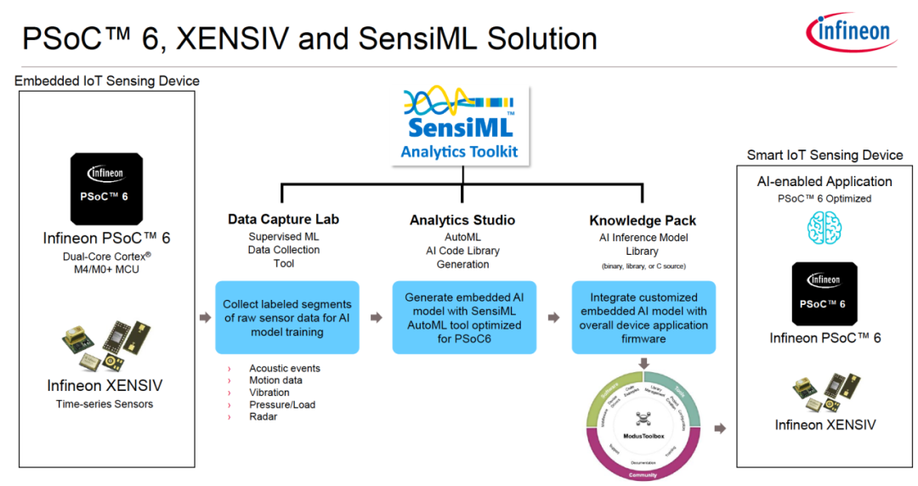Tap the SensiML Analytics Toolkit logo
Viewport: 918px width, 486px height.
click(460, 124)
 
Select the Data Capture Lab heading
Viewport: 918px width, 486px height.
click(283, 219)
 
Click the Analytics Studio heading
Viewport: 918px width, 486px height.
click(463, 219)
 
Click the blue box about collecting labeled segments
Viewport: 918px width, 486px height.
click(286, 318)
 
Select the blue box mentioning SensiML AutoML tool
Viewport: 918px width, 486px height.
click(463, 318)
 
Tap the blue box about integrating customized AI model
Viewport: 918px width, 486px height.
click(643, 318)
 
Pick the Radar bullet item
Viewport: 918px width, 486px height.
click(263, 416)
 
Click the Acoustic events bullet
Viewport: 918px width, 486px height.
click(284, 369)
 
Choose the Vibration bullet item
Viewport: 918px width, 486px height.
click(269, 393)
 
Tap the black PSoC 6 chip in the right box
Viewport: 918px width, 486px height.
click(824, 293)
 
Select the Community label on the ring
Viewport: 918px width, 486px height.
click(643, 475)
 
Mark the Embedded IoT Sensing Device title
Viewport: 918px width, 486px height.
click(107, 82)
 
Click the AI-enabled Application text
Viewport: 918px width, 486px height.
click(824, 181)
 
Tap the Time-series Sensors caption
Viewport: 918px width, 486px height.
click(105, 404)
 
